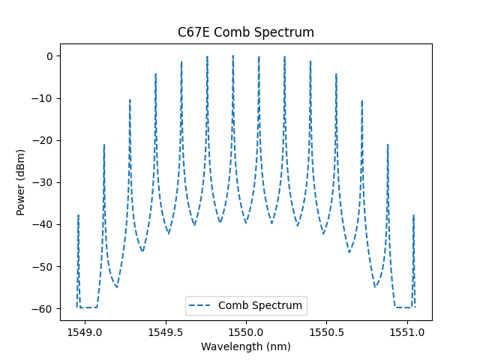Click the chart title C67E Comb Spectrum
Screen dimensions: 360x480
coord(245,32)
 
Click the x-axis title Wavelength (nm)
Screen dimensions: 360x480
coord(245,346)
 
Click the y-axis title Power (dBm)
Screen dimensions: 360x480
coord(21,182)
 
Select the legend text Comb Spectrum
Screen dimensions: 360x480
coord(260,305)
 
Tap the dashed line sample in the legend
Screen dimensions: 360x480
coord(202,305)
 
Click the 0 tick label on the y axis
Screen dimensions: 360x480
coord(49,56)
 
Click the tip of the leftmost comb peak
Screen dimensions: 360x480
coord(78,215)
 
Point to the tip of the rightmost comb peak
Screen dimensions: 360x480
coord(413,215)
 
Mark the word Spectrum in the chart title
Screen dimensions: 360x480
coord(286,32)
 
